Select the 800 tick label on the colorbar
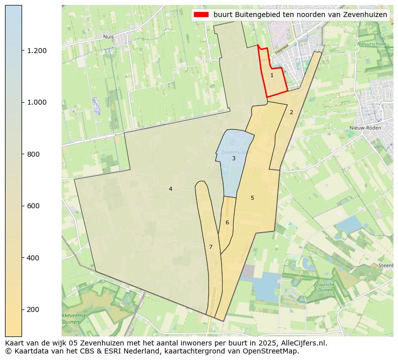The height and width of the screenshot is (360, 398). click(34, 154)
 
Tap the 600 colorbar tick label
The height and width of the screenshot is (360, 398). click(34, 206)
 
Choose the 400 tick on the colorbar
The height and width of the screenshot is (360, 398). click(34, 258)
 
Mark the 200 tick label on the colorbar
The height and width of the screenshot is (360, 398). click(34, 309)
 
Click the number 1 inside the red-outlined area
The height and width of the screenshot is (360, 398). click(272, 75)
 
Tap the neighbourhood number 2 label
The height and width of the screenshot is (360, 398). click(291, 112)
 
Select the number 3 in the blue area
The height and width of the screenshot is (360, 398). click(234, 158)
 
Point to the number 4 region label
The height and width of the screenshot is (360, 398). click(170, 189)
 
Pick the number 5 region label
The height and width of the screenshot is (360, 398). click(252, 198)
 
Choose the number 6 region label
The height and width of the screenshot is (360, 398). click(227, 222)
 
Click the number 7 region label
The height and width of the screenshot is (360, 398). click(211, 247)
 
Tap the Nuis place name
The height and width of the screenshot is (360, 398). click(108, 37)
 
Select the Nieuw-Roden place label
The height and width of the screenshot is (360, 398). click(365, 128)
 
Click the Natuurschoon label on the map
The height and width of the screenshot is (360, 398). click(371, 44)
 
